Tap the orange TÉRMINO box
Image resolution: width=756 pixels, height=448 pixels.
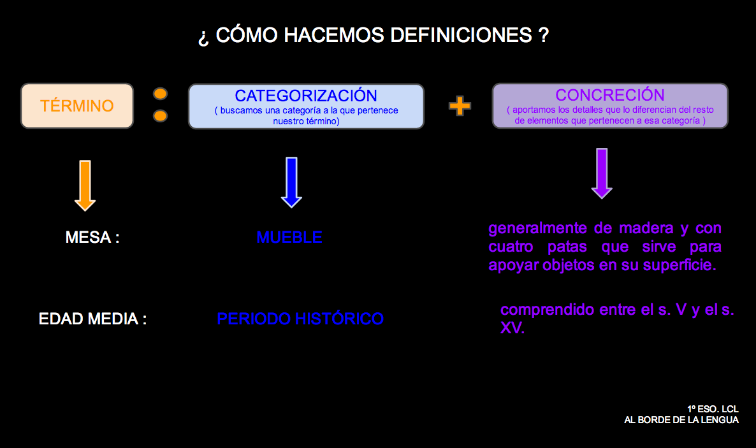tap(77, 106)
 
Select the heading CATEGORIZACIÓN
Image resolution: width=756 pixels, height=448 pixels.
tap(306, 96)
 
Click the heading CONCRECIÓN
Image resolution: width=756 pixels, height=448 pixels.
tap(609, 95)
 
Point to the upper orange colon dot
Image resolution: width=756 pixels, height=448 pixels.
tap(161, 94)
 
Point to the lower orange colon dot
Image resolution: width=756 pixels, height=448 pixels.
tap(161, 116)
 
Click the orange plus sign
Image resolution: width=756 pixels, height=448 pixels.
tap(460, 106)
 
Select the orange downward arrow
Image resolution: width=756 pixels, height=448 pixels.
tap(85, 185)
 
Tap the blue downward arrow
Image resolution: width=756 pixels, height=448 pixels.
tap(291, 182)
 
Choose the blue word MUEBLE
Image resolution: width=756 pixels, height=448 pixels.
tap(289, 238)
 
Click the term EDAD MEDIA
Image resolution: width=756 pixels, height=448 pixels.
tap(92, 319)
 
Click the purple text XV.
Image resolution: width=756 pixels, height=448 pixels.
tap(512, 329)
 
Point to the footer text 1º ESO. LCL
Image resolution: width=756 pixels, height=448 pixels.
tap(713, 409)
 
